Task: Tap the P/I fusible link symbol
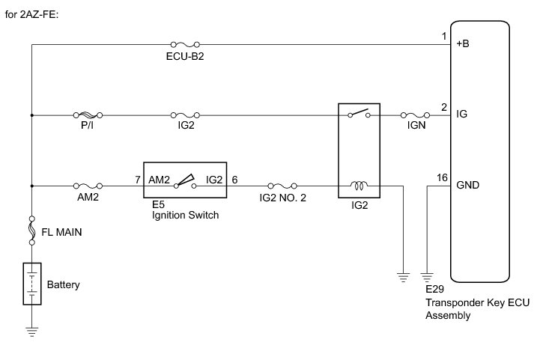point(88,115)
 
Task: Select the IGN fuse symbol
point(414,115)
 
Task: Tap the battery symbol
point(31,283)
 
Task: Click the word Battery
point(63,285)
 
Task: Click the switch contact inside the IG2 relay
point(358,115)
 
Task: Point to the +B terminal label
point(462,44)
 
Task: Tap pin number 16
point(443,177)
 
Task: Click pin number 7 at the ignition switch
point(137,179)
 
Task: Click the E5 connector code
point(157,203)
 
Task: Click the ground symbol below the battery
point(31,329)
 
